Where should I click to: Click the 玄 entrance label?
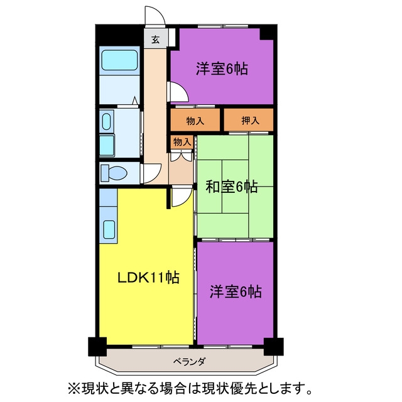(x=155, y=40)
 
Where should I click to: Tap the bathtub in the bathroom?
(x=119, y=60)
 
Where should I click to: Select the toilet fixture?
(x=114, y=173)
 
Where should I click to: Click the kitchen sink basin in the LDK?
(x=109, y=229)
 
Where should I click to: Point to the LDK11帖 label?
(x=148, y=278)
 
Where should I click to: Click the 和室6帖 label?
(x=232, y=187)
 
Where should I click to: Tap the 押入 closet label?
(x=250, y=120)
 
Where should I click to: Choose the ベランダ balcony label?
(x=189, y=362)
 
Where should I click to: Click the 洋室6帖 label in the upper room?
(x=222, y=68)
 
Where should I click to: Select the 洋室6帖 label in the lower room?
(x=236, y=291)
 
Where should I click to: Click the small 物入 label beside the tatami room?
(x=182, y=141)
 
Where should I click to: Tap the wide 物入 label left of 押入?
(x=195, y=121)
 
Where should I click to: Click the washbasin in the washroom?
(x=106, y=121)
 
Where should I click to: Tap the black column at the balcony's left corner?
(x=97, y=347)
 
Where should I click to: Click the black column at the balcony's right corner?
(x=274, y=347)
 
